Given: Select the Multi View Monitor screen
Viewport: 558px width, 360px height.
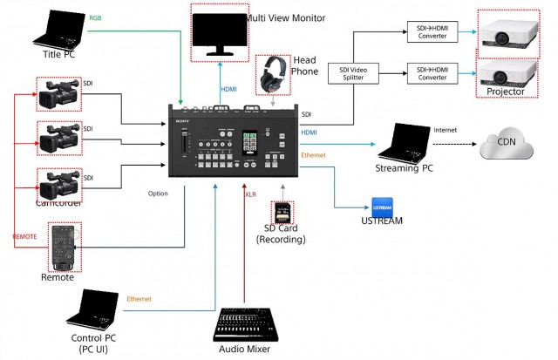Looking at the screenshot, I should tap(219, 31).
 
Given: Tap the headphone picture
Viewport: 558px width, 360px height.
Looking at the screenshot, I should tap(274, 74).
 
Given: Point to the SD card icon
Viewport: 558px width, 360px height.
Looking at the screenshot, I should tap(282, 214).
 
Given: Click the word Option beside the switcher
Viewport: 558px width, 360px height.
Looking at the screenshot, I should tap(159, 194).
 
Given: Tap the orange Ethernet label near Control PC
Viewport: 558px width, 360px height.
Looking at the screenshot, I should tap(139, 298).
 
